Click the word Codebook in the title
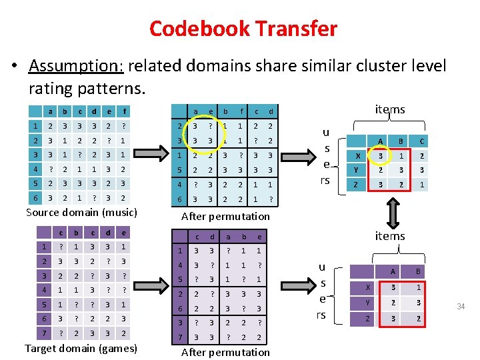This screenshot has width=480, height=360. click(198, 29)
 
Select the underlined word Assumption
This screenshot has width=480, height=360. click(75, 65)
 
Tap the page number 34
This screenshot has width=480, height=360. click(460, 306)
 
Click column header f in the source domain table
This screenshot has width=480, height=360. click(123, 111)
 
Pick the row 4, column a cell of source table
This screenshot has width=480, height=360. click(51, 169)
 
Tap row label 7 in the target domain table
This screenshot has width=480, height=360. click(44, 333)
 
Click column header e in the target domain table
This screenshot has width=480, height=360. click(123, 233)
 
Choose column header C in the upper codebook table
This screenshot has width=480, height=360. click(421, 141)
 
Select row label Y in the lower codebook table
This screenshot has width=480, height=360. click(366, 302)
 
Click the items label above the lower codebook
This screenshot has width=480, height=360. click(390, 236)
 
